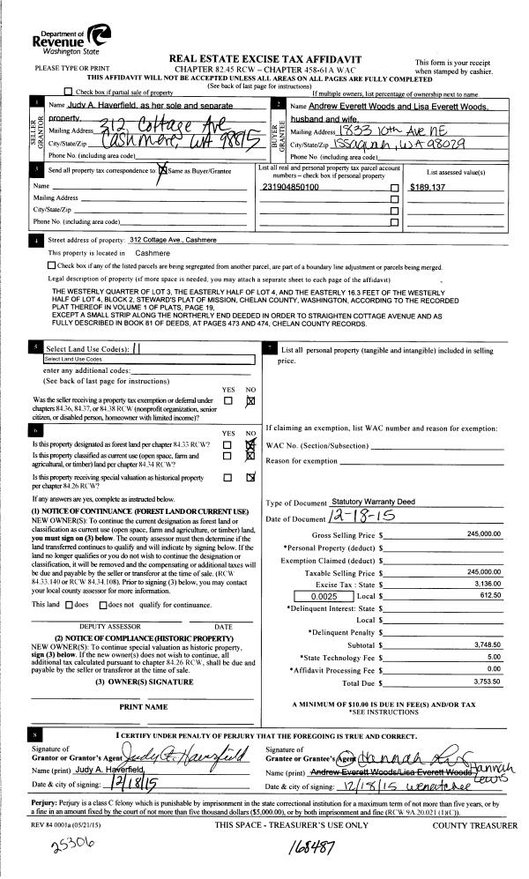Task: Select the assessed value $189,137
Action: coord(431,188)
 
